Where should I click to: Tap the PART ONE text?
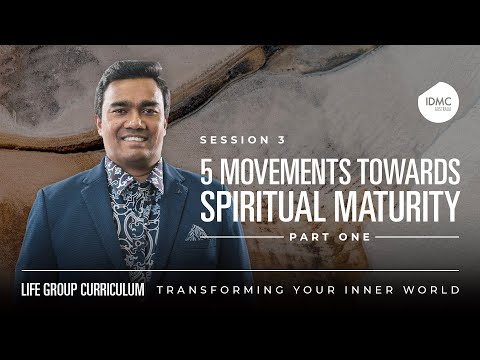tap(329, 237)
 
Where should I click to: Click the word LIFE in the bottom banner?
tap(35, 290)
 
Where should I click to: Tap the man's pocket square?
tap(196, 232)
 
